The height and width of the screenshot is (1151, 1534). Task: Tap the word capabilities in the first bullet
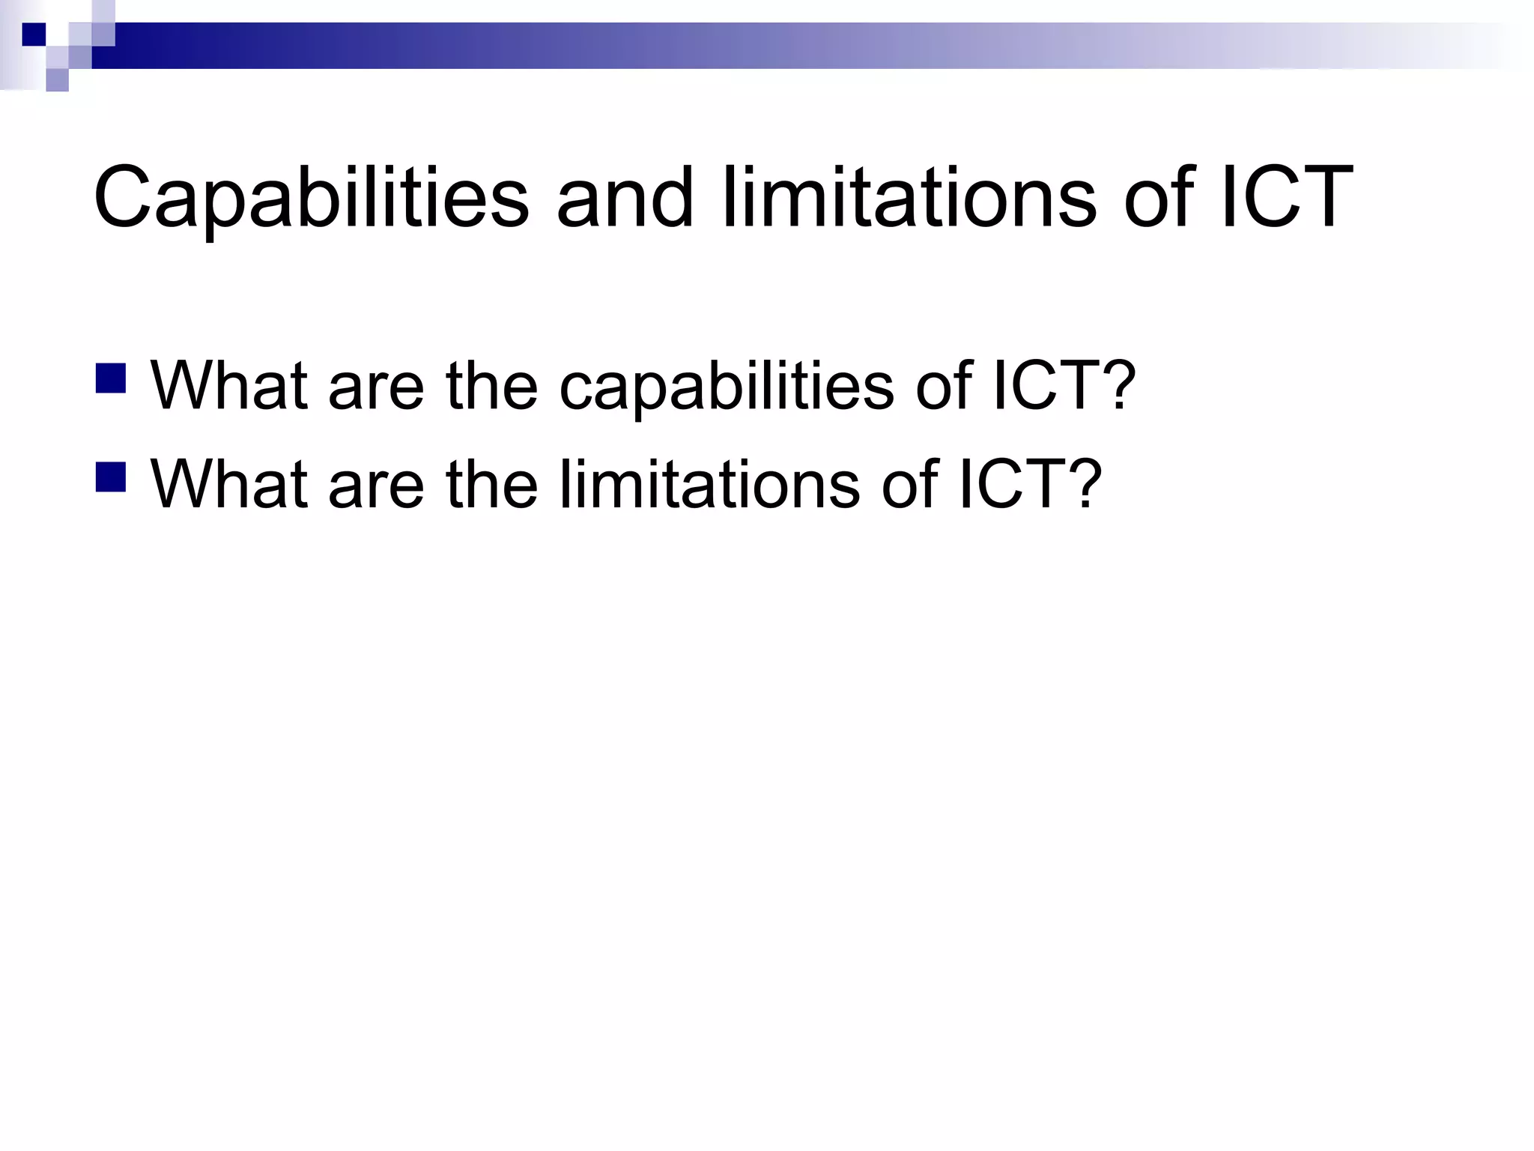point(726,385)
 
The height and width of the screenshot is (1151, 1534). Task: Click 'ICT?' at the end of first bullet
point(1064,385)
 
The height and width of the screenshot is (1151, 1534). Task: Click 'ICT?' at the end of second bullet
point(1030,484)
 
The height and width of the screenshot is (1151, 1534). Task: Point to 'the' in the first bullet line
point(491,385)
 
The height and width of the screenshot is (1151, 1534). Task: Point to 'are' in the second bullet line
point(376,484)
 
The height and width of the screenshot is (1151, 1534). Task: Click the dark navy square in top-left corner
point(34,34)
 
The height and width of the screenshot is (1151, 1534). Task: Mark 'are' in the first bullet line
point(376,385)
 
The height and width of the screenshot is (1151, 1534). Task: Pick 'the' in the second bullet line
point(491,484)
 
